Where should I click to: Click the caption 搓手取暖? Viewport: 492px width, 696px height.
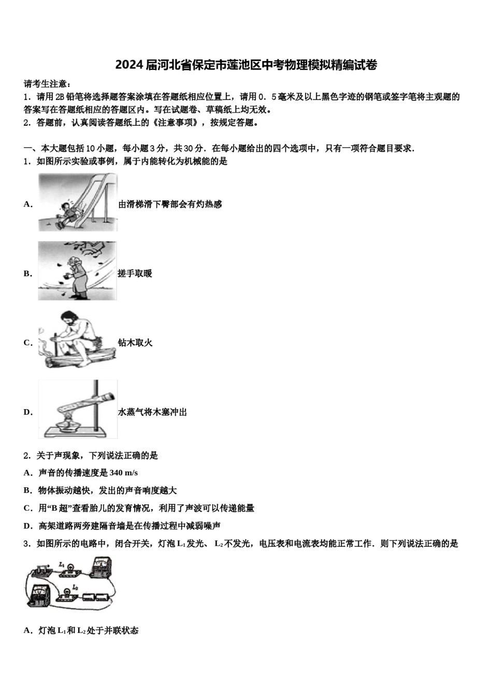tap(135, 273)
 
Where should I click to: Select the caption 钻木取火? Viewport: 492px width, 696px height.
tap(135, 343)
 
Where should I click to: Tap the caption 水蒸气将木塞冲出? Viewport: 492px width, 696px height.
tap(152, 412)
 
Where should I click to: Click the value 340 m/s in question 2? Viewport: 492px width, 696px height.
tap(124, 473)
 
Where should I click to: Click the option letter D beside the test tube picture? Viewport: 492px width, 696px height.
tap(27, 412)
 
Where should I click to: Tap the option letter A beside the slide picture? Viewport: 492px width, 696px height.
tap(27, 204)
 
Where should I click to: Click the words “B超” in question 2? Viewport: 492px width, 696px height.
tap(61, 508)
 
